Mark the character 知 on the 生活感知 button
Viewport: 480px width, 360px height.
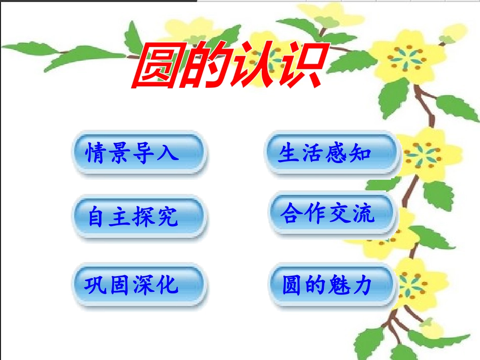(361, 152)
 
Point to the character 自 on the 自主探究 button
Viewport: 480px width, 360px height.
(95, 217)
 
